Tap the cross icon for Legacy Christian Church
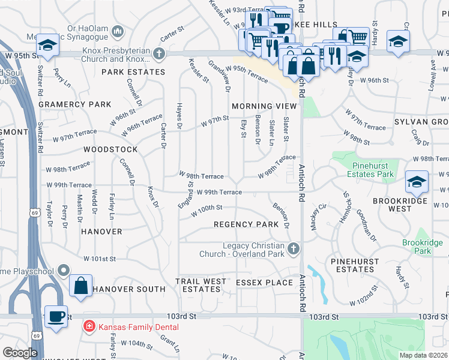click(293, 248)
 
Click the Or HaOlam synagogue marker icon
click(118, 30)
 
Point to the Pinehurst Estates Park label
click(363, 169)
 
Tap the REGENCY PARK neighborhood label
click(246, 224)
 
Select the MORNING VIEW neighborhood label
click(265, 106)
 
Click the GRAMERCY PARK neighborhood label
click(75, 104)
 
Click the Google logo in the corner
click(20, 352)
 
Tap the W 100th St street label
click(207, 211)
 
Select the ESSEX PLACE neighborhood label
click(264, 282)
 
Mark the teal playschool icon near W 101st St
click(63, 272)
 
